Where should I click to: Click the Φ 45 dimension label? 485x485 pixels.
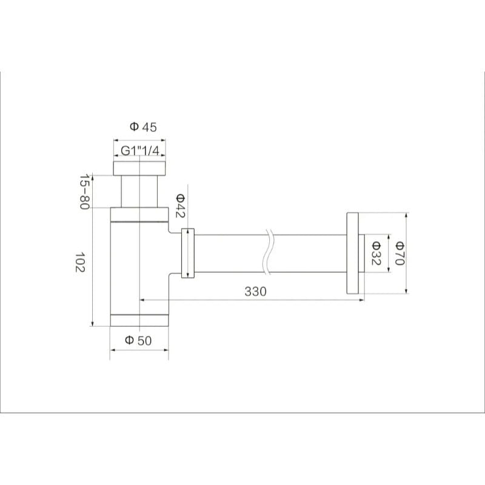pos(143,127)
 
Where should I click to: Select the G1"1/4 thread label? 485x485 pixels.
pos(140,150)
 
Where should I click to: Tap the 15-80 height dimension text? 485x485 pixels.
pos(84,192)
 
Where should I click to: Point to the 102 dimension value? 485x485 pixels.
pos(80,262)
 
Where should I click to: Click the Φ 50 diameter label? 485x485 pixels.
pos(138,340)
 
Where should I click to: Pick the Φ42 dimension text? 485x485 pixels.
pos(180,206)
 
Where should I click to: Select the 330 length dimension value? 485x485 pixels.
pos(255,292)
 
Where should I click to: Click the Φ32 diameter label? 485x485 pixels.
pos(376,253)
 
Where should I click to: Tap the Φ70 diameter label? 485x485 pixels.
pos(400,253)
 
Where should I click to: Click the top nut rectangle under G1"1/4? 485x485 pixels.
pos(139,169)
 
